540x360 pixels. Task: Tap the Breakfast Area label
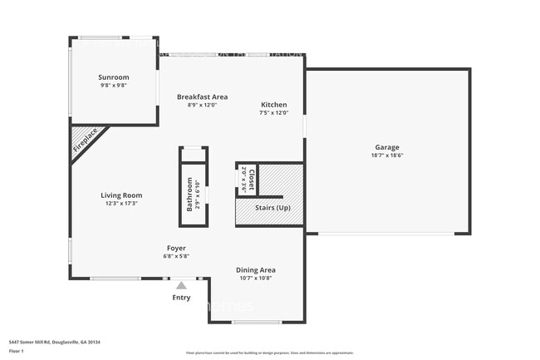(x=202, y=96)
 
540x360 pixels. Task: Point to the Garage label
(x=386, y=147)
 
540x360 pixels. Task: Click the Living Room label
(x=121, y=195)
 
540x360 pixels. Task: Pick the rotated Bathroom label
(x=189, y=195)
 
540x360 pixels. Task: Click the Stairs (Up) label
(x=272, y=207)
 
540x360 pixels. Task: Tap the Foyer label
(x=175, y=248)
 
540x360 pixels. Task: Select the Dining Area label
(x=256, y=269)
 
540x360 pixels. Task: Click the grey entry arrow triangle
(x=181, y=285)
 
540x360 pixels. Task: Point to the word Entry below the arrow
(x=181, y=297)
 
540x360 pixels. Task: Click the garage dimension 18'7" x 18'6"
(x=387, y=155)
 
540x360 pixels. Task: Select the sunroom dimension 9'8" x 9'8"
(x=114, y=84)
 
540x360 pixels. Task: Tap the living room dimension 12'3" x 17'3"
(x=121, y=204)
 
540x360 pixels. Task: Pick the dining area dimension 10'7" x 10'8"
(x=256, y=278)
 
